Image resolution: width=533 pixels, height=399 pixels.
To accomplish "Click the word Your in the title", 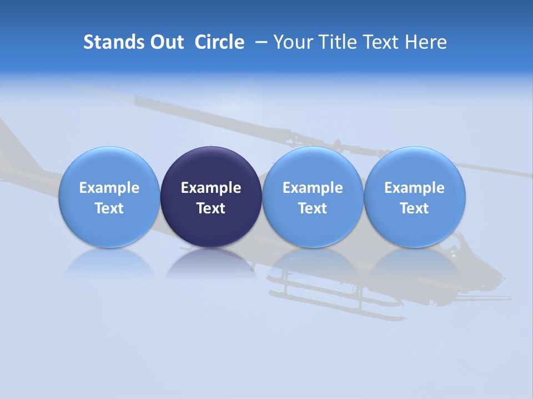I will click(291, 42).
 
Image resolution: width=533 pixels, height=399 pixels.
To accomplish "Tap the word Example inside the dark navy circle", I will click(211, 188).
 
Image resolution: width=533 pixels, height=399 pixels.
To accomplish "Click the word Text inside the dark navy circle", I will click(211, 208).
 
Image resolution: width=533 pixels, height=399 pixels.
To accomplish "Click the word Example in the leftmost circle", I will click(109, 188).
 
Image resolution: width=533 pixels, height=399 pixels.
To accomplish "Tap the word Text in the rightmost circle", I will click(415, 208).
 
